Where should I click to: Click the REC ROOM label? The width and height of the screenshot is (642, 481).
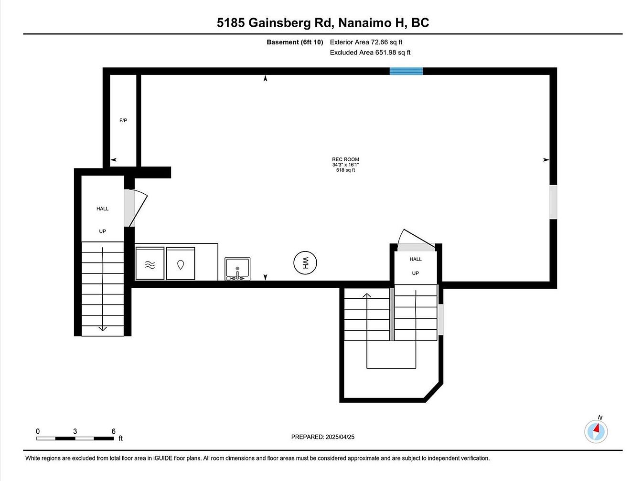coord(345,159)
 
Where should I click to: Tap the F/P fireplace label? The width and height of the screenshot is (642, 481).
coord(123,120)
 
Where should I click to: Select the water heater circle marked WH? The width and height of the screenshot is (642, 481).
coord(305,263)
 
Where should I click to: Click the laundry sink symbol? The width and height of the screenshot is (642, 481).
coord(237,269)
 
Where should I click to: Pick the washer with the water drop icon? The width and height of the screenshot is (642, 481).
coord(181,263)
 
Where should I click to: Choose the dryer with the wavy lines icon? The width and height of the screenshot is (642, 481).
coord(150,263)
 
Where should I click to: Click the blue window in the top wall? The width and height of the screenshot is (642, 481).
coord(406,71)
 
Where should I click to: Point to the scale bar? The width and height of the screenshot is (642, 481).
coord(75,439)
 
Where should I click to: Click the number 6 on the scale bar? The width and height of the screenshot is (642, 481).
coord(114,431)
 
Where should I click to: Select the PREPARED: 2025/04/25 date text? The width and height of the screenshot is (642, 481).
coord(322,437)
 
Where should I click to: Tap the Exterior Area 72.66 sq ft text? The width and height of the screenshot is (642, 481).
coord(366,42)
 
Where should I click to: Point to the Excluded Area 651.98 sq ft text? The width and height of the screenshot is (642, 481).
coord(370,52)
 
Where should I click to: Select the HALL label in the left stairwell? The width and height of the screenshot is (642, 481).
coord(102,209)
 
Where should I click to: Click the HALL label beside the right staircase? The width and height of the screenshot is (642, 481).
coord(416,259)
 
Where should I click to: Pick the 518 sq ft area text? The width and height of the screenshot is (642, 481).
coord(345,170)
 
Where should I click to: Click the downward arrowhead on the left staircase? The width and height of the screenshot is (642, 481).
coord(102,329)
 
